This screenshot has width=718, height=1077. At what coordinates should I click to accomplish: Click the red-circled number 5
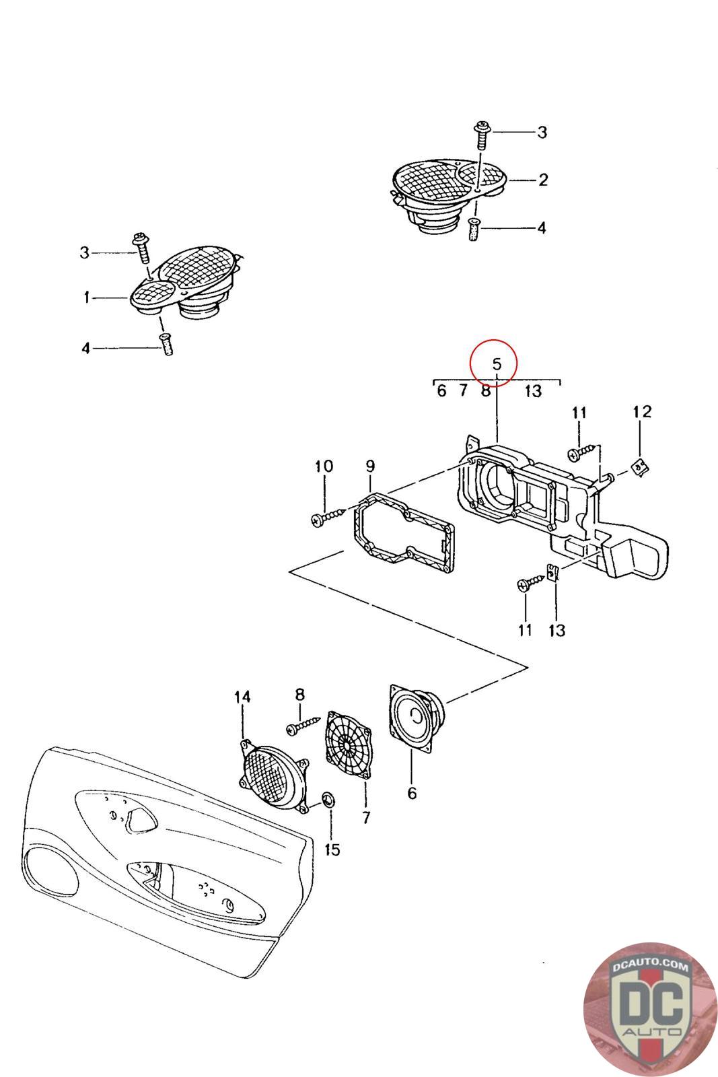pos(497,364)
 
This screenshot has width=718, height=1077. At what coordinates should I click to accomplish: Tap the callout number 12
pos(641,411)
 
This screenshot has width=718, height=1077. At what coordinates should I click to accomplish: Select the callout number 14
pos(242,697)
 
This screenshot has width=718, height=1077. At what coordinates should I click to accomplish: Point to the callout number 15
pos(332,849)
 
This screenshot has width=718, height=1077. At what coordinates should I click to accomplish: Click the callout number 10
pos(324,466)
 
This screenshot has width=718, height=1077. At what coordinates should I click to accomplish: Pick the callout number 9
pos(370,466)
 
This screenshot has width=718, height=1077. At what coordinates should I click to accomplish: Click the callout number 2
pos(543,180)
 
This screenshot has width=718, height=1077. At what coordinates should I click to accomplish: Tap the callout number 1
pos(87,298)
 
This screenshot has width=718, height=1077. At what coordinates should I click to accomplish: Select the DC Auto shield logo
pos(650,1009)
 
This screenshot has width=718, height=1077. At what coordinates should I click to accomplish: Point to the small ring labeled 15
pos(329,800)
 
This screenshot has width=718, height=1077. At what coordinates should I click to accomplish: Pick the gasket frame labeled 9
pos(404,532)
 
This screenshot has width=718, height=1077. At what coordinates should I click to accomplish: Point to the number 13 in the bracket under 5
pos(532,391)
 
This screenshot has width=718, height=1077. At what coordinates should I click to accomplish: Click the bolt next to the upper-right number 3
pos(482,135)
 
